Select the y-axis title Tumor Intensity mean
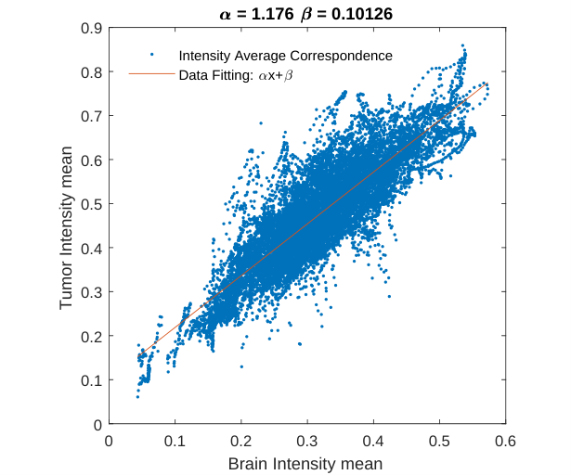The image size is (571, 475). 66,228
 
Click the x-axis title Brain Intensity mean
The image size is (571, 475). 305,464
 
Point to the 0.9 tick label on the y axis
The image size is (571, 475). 91,28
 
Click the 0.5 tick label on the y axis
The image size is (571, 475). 91,204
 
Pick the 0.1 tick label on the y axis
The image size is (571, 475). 91,380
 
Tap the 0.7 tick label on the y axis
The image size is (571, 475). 91,116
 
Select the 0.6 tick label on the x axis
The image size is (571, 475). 505,442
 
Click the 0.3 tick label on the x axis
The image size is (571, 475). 307,442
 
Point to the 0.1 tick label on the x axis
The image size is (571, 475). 175,442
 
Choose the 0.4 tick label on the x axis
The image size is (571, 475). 373,442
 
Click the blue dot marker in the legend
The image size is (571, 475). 152,55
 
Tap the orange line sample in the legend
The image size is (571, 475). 152,74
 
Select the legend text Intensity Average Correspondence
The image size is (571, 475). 286,56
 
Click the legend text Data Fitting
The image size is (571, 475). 214,75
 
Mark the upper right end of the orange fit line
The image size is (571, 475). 487,83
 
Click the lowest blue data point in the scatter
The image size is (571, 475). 137,397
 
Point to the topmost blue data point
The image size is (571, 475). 463,45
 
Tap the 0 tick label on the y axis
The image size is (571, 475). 97,425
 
